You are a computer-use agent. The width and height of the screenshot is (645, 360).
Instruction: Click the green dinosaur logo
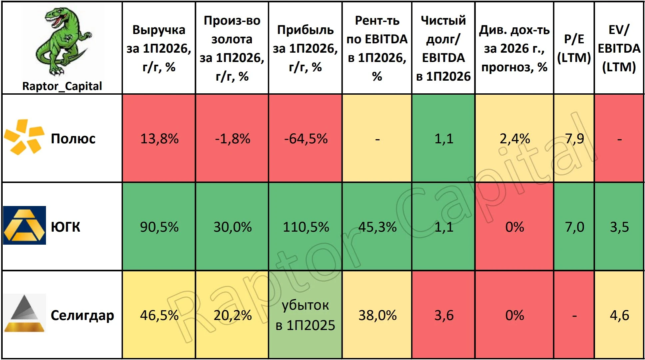63,41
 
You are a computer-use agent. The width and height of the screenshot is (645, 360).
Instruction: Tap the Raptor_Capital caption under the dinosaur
62,86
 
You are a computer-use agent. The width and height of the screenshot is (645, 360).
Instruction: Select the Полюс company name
73,138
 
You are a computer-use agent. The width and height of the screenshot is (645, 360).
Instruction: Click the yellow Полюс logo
24,137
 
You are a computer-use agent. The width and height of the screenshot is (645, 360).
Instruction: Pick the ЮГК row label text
65,227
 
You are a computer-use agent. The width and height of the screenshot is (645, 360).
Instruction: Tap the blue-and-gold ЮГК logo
25,225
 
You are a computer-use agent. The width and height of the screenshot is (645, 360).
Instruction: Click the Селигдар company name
82,315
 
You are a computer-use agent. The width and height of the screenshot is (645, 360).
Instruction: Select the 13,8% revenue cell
159,139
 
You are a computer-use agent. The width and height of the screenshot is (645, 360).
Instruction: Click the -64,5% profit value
306,139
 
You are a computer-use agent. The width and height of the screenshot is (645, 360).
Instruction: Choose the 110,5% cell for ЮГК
306,227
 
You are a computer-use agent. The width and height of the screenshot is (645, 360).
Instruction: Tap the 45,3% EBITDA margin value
377,227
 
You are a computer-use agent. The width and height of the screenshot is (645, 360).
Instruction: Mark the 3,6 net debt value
444,315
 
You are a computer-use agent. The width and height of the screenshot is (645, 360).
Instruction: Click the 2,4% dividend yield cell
515,139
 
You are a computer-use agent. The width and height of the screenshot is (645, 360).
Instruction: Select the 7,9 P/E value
574,139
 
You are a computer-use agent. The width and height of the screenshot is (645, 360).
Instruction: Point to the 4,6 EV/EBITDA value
619,315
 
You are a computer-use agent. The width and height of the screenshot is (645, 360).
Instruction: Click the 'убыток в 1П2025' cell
306,315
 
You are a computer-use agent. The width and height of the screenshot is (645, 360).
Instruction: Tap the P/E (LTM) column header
574,48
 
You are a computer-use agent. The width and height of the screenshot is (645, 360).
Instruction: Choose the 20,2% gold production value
233,315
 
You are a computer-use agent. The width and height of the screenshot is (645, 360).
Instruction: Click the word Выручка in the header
159,30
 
